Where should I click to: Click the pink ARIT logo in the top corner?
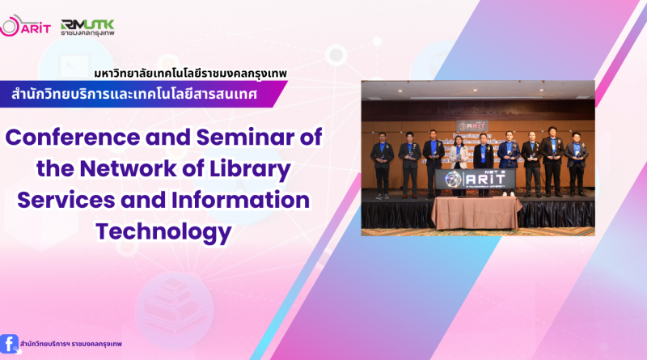(x=25, y=26)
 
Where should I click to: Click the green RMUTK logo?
(x=87, y=28)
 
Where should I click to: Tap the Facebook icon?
(x=10, y=344)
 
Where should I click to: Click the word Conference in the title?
(x=73, y=137)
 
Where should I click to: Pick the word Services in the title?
(x=66, y=200)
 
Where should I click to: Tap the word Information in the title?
(x=240, y=200)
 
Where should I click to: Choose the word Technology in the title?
(x=164, y=232)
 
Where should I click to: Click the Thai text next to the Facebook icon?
(x=71, y=344)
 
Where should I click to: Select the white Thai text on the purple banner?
(x=134, y=94)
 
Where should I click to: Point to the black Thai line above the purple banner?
(x=190, y=74)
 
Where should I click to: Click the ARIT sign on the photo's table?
(x=476, y=179)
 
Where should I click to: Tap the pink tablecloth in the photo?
(x=477, y=212)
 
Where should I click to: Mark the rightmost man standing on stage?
(x=577, y=164)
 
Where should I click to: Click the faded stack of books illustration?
(x=175, y=307)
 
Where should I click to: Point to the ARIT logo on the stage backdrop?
(x=472, y=126)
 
